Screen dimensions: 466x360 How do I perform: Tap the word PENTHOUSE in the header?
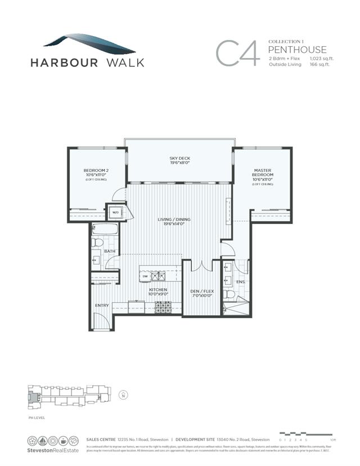pos(298,50)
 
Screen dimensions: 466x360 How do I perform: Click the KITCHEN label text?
pos(157,290)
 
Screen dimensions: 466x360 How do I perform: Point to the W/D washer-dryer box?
pos(115,213)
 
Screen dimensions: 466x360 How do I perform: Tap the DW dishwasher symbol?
pos(145,276)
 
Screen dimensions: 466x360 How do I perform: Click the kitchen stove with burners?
pos(163,307)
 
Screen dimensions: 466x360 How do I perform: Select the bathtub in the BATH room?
pos(105,229)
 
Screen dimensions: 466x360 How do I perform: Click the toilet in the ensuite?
pos(229,294)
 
